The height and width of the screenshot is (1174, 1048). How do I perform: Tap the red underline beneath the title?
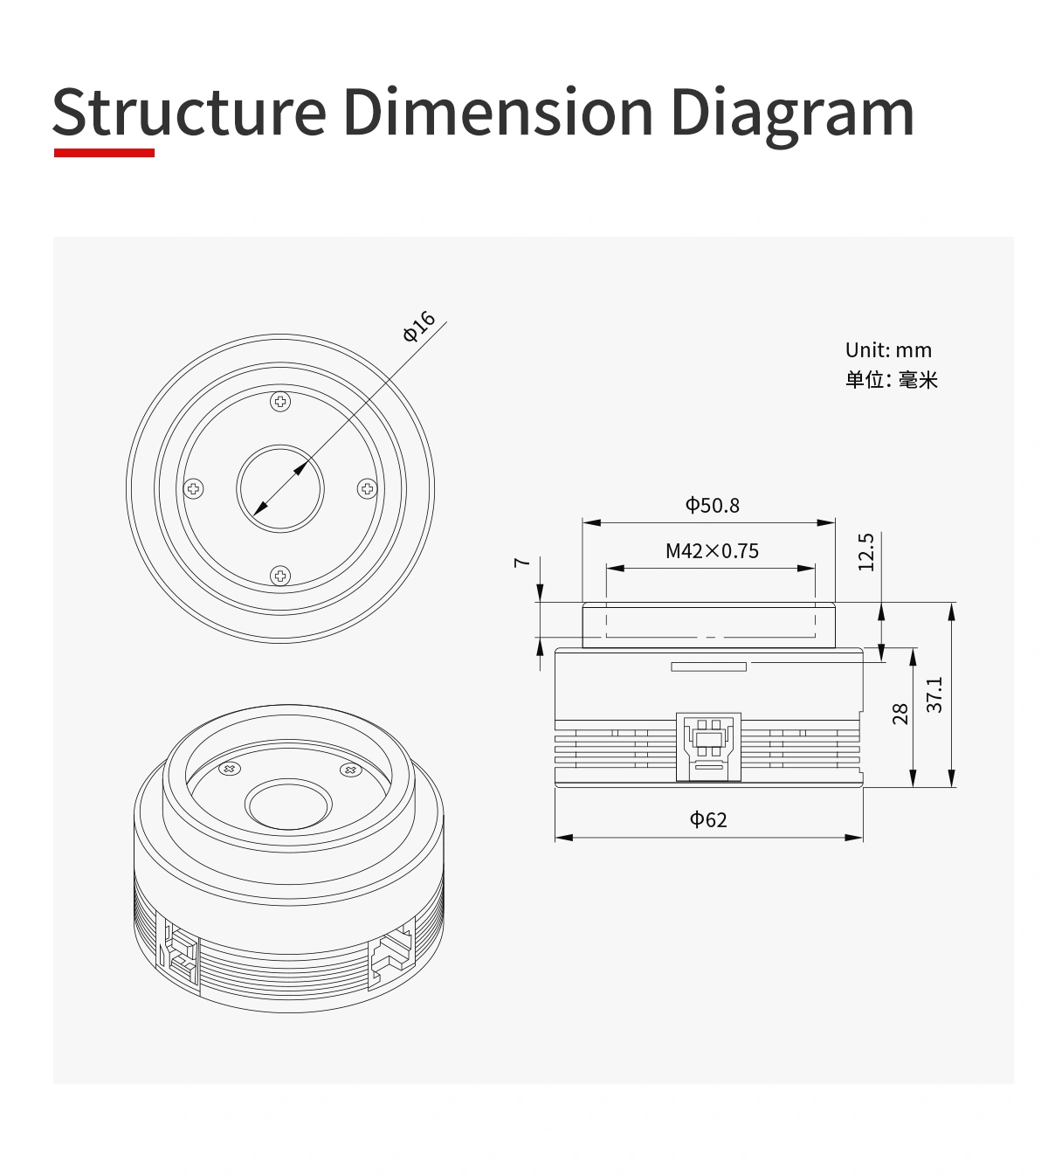coord(104,153)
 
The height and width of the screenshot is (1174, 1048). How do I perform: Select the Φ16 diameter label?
coord(419,326)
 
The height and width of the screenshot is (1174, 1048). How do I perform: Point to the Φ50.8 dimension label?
coord(712,505)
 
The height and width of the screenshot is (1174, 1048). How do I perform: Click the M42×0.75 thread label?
coord(712,551)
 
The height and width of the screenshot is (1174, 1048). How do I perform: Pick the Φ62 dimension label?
coord(708,819)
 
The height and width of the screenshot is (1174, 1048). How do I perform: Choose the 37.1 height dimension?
coord(934,694)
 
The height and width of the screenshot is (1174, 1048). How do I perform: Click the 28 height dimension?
coord(900,715)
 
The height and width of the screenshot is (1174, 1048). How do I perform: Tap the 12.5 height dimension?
coord(865,552)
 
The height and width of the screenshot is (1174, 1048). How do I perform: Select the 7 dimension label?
coord(521,562)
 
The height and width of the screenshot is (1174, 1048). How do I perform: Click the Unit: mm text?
coord(888,350)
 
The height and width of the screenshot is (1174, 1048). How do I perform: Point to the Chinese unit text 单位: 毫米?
coord(891,380)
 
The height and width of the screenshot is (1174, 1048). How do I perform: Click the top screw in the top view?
coord(280,402)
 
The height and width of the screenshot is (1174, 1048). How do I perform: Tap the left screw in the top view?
coord(194,488)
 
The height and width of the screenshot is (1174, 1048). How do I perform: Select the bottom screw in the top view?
coord(279,575)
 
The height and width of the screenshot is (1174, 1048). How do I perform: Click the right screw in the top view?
coord(367,488)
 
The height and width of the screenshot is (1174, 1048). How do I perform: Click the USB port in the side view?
coord(708,745)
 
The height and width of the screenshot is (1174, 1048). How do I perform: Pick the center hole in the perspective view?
coord(289,805)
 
